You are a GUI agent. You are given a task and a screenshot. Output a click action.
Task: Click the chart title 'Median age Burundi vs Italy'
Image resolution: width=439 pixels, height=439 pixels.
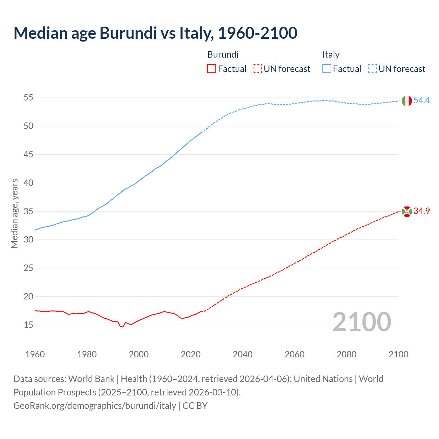pos(155,33)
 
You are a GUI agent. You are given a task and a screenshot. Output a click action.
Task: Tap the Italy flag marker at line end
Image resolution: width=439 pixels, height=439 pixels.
pos(406,101)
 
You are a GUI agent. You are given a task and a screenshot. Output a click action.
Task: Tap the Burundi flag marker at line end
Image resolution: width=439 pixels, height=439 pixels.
pos(406,212)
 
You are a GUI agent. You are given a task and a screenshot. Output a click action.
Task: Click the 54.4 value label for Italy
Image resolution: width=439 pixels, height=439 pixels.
pos(422,100)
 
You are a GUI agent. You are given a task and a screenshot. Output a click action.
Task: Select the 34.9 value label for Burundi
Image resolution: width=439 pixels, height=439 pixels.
pos(422,211)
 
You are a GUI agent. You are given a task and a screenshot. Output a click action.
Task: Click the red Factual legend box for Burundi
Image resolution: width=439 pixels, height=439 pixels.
pos(212,69)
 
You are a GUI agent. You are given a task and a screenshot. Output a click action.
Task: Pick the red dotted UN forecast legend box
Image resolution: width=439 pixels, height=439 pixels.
pos(257,69)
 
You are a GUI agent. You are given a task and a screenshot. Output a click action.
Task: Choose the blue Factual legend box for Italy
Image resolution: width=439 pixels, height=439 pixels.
pos(327,69)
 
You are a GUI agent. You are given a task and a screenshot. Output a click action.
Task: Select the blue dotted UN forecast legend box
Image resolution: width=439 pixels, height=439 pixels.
pos(372,69)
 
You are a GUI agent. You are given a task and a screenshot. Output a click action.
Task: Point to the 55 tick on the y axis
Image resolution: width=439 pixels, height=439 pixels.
pos(28,98)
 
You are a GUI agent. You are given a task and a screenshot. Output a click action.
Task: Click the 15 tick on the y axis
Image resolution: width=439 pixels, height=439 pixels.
pos(28,325)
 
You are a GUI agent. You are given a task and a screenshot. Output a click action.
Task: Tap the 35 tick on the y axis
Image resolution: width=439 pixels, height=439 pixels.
pos(28,211)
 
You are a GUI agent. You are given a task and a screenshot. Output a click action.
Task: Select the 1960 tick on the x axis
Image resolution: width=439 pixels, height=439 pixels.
pos(35,354)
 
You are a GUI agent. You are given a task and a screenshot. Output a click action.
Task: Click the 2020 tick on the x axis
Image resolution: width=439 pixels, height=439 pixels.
pos(191,354)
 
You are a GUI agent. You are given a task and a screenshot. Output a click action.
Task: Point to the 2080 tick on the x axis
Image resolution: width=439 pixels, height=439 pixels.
pos(346,354)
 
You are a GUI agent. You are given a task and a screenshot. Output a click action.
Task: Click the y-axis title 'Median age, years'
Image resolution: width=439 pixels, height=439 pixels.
pos(14,213)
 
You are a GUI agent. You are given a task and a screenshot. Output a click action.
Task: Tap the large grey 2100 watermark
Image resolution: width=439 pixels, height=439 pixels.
pos(361,322)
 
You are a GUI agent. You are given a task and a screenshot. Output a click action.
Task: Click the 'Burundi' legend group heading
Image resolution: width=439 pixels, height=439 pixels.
pos(223,55)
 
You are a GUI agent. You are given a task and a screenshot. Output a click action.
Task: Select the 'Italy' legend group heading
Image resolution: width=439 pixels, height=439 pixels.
pos(331,55)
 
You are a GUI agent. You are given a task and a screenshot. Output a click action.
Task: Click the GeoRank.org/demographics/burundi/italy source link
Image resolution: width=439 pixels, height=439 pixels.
pos(95,406)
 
